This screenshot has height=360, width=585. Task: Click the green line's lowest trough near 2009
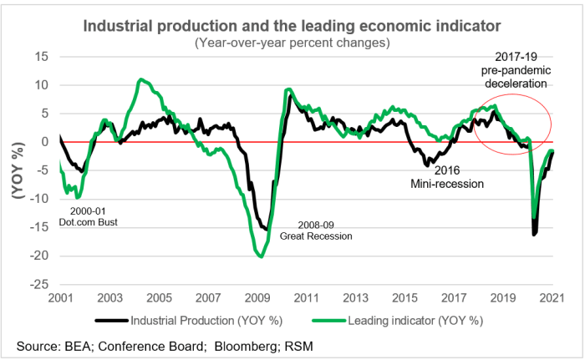(261, 256)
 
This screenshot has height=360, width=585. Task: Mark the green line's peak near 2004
(142, 80)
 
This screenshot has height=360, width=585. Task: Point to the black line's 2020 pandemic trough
(535, 233)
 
